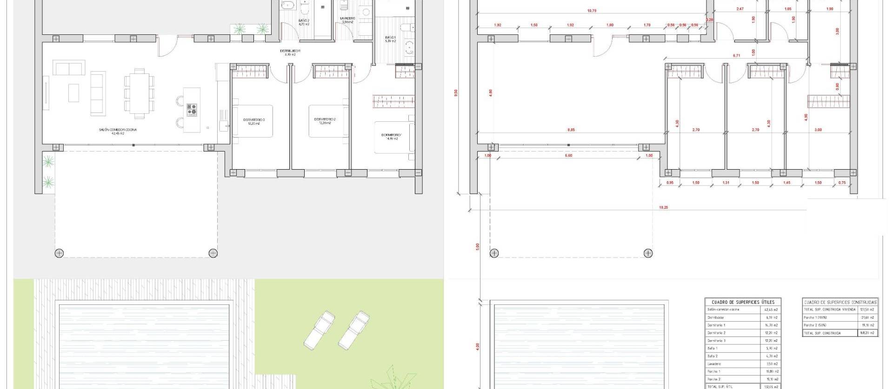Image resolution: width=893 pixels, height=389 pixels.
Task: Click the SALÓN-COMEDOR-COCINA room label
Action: point(118,130)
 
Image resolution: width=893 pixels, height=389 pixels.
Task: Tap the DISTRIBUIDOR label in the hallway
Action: point(290,51)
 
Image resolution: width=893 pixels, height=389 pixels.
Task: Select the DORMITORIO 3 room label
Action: point(254,120)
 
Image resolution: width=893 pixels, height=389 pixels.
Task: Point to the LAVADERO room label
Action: point(347,19)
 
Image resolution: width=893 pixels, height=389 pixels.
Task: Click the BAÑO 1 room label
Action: point(390,38)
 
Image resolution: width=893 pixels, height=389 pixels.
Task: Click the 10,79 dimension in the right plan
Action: point(592,11)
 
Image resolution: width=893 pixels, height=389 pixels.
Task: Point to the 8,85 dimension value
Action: point(571,130)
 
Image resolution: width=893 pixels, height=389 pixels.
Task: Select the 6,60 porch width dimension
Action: point(568,156)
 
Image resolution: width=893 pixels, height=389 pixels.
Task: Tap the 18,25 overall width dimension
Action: point(663,208)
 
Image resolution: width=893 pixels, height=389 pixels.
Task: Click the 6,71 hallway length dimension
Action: point(736,56)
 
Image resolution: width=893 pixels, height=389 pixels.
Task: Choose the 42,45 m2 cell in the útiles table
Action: point(771,310)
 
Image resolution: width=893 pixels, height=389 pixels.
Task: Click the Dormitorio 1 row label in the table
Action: point(717,325)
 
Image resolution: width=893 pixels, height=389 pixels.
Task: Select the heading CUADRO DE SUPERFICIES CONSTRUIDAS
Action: point(840,302)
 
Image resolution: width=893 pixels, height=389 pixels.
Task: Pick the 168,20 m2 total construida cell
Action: point(867,333)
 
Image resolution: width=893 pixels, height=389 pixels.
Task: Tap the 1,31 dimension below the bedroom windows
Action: point(726,183)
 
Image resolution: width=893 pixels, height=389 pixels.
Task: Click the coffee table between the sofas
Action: point(73,92)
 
